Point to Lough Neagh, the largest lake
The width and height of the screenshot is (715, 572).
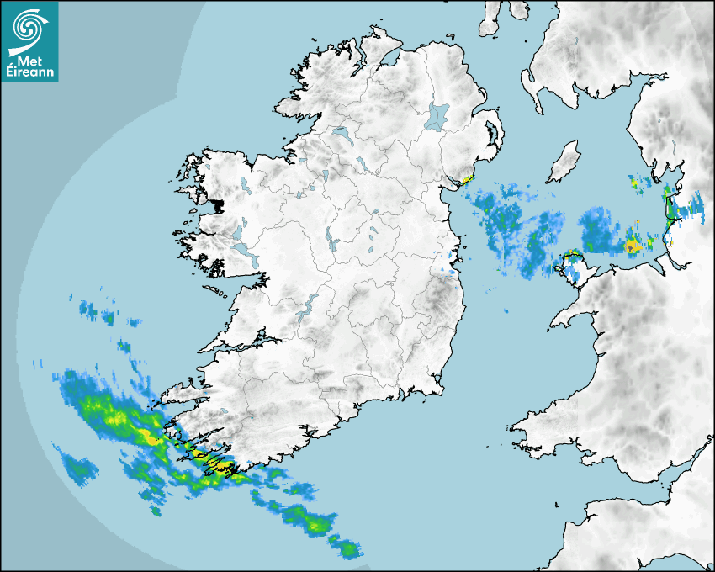pyautogui.click(x=437, y=115)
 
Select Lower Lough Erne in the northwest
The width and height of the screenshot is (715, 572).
pyautogui.click(x=340, y=132)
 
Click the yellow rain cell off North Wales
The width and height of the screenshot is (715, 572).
pyautogui.click(x=633, y=246)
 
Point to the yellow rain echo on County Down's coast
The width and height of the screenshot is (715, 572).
pyautogui.click(x=465, y=179)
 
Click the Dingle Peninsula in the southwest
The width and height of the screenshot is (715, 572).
pyautogui.click(x=181, y=389)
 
